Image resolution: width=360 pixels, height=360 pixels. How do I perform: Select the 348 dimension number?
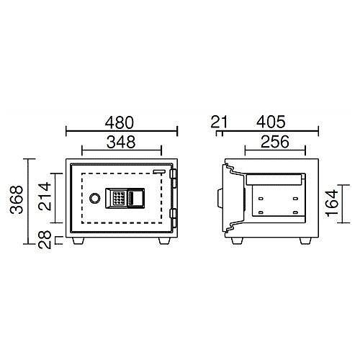click(x=121, y=142)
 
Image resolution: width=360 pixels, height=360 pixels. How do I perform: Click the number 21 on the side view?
click(x=218, y=121)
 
